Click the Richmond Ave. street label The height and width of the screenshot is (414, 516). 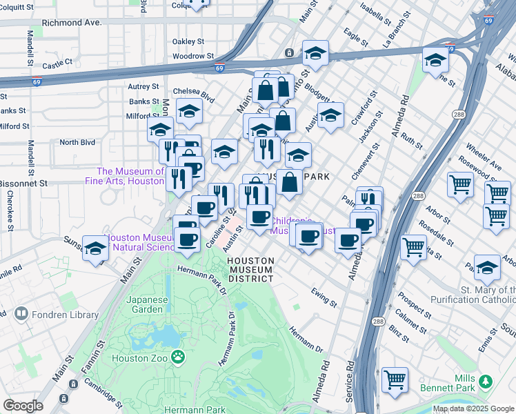72,22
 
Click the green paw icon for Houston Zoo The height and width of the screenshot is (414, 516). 178,357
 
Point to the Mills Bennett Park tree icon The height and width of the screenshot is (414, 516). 486,381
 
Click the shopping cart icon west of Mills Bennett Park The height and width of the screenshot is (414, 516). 395,379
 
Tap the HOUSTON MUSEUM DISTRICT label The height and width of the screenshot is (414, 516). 251,270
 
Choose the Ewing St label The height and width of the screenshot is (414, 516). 323,297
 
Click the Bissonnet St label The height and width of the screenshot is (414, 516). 23,184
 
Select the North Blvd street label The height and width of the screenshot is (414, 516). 76,142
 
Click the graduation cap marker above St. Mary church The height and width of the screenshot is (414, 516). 487,267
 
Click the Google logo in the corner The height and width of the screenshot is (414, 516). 22,406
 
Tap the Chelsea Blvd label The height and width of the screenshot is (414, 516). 190,91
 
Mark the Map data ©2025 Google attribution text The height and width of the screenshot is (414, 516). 473,408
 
